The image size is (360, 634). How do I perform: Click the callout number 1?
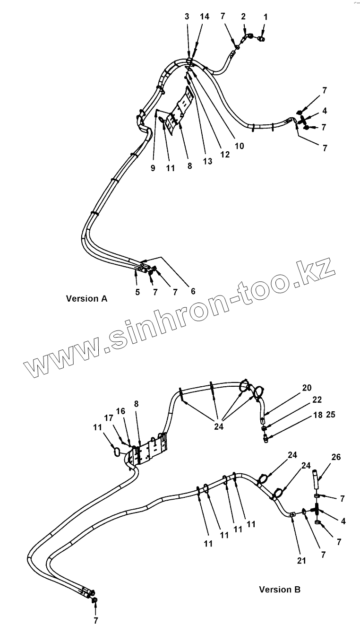[x=265, y=17]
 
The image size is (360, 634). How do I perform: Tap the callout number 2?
[x=243, y=17]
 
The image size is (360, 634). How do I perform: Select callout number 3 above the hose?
[x=187, y=17]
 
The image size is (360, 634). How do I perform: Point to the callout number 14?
[x=205, y=17]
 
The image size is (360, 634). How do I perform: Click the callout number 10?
[x=239, y=146]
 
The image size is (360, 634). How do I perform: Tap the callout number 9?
[x=153, y=168]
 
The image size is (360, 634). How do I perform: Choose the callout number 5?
[x=137, y=292]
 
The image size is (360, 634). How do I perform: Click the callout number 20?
[x=307, y=388]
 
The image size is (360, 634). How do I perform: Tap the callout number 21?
[x=301, y=561]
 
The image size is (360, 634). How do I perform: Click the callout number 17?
[x=109, y=418]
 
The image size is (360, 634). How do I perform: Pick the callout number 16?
[x=121, y=411]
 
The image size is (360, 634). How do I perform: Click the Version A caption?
[x=86, y=298]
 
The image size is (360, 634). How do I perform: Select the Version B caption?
[x=279, y=590]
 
